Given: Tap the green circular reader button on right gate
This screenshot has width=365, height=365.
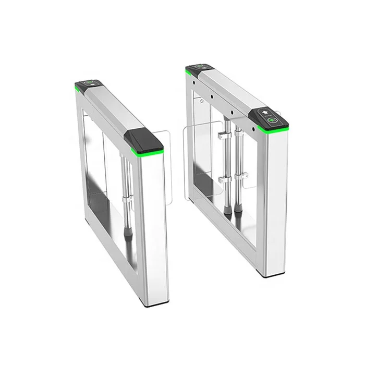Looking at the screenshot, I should [273, 121].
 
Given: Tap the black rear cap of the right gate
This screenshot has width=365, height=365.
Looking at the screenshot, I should [199, 67].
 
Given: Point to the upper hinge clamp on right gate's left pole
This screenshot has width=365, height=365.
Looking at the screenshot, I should [223, 137].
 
